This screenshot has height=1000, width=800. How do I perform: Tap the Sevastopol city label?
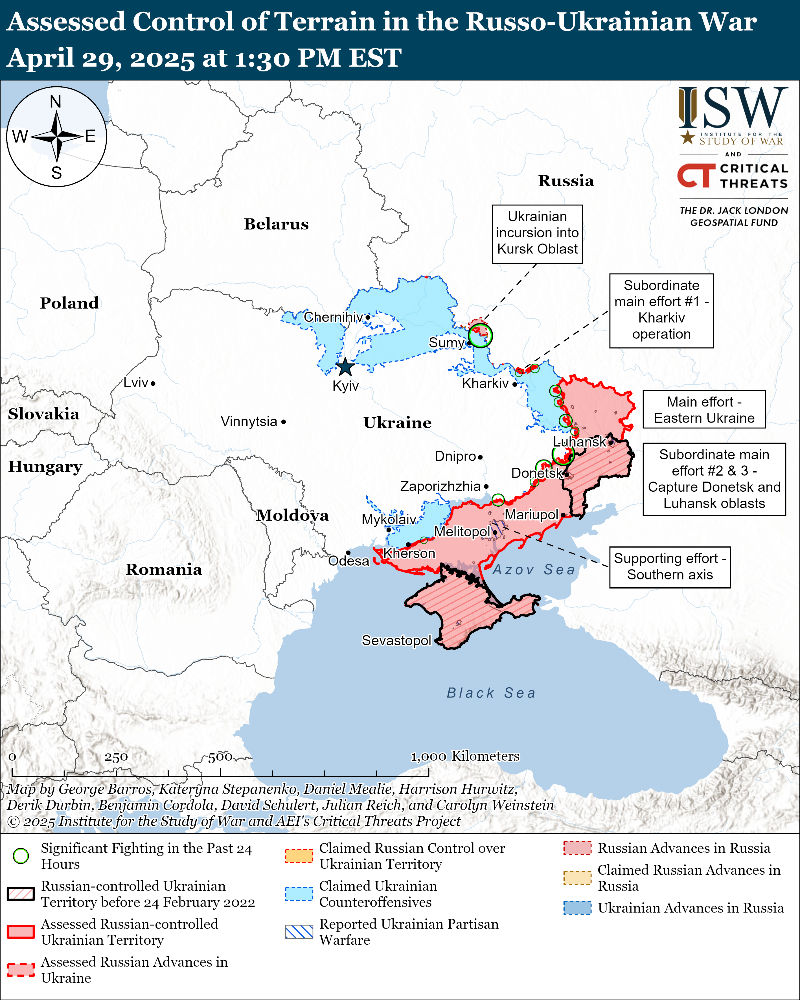pyautogui.click(x=396, y=640)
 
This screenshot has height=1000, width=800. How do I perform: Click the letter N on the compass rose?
pyautogui.click(x=56, y=102)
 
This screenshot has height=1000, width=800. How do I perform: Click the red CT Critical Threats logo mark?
pyautogui.click(x=696, y=175)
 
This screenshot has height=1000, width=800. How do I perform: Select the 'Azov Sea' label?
pyautogui.click(x=533, y=570)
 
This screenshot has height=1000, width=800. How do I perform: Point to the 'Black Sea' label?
pyautogui.click(x=491, y=693)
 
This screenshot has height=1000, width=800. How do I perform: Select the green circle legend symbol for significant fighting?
pyautogui.click(x=21, y=856)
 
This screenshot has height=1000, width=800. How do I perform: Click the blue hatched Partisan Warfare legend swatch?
pyautogui.click(x=299, y=932)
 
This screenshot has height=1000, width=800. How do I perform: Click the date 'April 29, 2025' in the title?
pyautogui.click(x=101, y=58)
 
